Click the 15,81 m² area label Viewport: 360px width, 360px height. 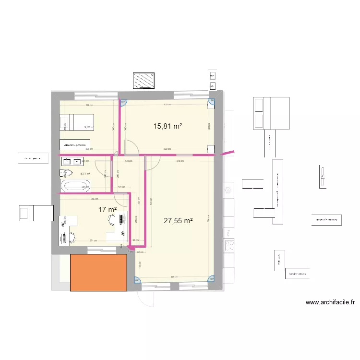168,126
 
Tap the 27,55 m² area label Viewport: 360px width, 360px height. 178,221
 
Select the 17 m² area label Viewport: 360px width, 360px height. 108,209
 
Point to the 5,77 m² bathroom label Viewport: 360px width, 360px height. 85,174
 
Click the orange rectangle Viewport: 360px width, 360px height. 98,273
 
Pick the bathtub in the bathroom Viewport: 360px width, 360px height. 75,186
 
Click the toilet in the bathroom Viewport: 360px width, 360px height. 66,173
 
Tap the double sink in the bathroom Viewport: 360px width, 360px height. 66,161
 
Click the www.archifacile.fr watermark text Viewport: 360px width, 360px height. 330,302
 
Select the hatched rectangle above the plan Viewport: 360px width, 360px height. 144,81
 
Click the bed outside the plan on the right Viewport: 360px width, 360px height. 271,113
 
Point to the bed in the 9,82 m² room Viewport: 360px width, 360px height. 77,122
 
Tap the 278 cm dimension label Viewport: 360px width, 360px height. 179,161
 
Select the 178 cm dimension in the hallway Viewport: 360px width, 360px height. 128,161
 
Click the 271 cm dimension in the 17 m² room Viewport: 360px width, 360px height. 93,241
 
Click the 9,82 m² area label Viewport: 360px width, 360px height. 88,127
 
